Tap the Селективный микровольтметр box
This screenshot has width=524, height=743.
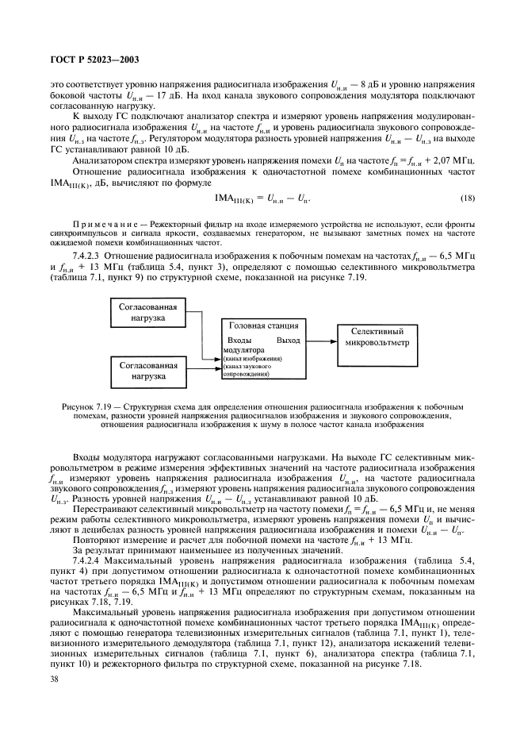(x=377, y=337)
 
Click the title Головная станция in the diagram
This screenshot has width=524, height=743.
(x=263, y=325)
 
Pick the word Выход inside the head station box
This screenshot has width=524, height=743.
(x=288, y=340)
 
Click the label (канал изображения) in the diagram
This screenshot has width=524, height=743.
(x=253, y=358)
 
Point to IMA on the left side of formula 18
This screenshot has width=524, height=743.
(x=231, y=198)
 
